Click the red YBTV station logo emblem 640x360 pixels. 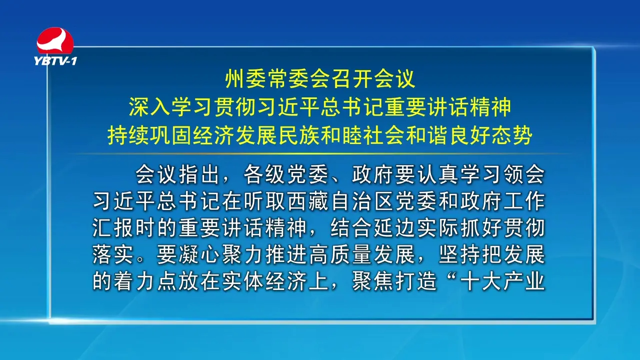tap(55, 40)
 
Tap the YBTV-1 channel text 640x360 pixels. tap(55, 61)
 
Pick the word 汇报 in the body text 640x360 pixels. tap(113, 228)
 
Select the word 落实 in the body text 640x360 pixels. tap(113, 255)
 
